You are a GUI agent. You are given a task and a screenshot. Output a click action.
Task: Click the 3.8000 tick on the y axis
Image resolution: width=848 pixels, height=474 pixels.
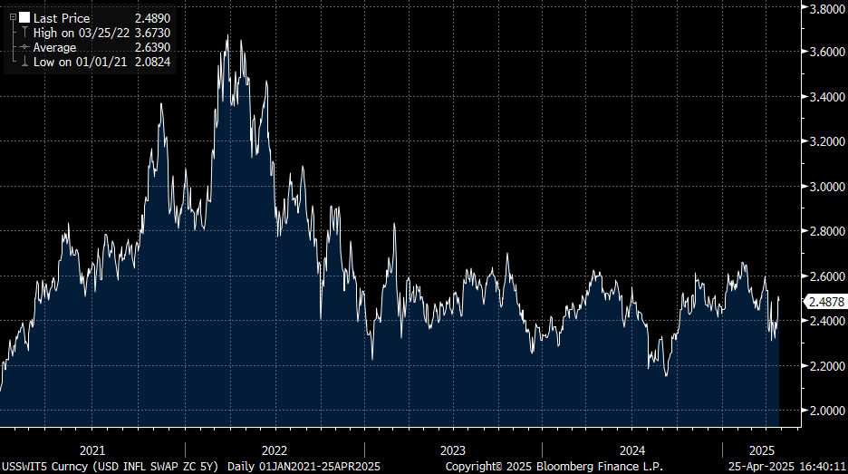click(826, 8)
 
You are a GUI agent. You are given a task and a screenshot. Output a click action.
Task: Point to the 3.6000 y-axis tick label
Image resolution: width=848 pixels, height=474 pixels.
click(826, 53)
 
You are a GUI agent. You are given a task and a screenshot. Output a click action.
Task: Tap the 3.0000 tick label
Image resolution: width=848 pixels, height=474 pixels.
click(826, 187)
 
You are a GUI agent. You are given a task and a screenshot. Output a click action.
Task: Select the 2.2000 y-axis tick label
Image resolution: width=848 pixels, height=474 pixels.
click(826, 366)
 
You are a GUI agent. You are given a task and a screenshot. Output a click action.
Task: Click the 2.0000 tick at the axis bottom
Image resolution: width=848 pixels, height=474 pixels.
click(826, 411)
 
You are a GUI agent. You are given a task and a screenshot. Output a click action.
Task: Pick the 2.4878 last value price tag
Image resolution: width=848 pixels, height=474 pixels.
click(826, 301)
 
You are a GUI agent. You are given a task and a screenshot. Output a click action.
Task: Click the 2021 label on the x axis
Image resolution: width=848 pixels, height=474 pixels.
click(92, 450)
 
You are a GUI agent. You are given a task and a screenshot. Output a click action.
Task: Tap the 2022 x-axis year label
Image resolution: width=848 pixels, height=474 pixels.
click(274, 450)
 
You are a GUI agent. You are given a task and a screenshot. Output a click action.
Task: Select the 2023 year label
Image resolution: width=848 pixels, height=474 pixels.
click(452, 450)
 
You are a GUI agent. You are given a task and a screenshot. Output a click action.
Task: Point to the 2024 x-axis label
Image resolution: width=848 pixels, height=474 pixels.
click(631, 450)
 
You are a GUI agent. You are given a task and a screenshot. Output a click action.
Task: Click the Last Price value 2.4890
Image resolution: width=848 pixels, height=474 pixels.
click(152, 18)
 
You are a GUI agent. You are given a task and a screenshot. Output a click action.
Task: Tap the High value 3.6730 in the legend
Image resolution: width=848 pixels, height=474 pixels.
click(152, 33)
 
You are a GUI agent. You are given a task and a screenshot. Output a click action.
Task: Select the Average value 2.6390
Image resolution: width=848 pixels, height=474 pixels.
click(152, 47)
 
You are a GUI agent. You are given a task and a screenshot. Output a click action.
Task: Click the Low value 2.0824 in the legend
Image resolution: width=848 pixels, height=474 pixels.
click(152, 62)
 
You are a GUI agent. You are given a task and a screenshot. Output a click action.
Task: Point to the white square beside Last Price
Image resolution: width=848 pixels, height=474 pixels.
click(24, 18)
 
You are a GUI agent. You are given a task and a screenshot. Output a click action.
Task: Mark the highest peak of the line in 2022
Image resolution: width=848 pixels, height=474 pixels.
click(227, 35)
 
